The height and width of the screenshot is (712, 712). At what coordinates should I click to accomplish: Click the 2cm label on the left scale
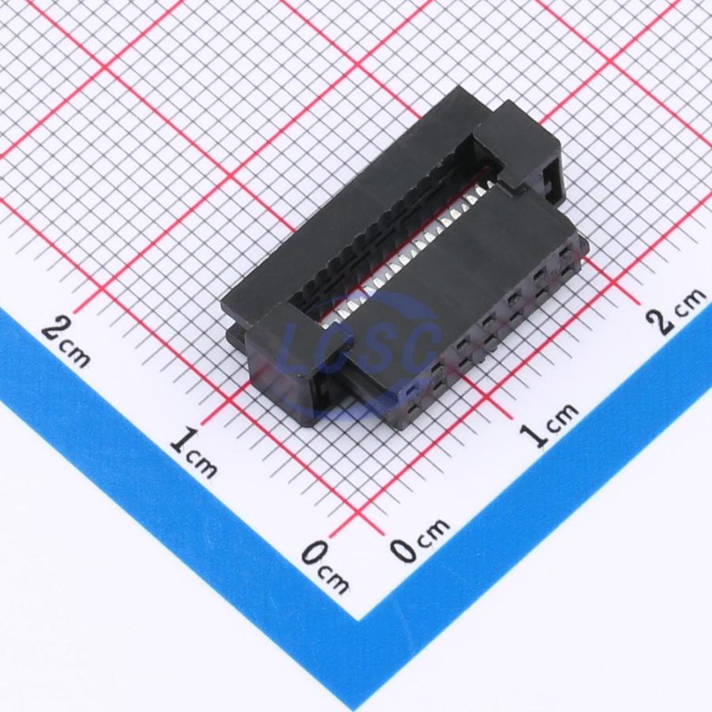click(66, 342)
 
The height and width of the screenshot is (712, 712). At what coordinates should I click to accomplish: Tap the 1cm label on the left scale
click(194, 453)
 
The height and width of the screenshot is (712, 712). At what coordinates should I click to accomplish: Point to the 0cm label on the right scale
click(420, 540)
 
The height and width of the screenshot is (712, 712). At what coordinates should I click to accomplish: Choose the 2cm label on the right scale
click(676, 312)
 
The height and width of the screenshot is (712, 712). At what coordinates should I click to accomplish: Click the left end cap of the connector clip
click(295, 358)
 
